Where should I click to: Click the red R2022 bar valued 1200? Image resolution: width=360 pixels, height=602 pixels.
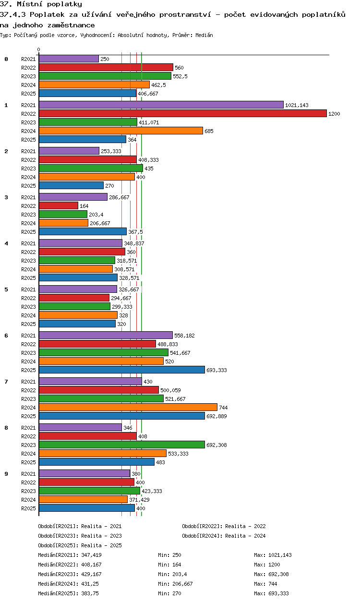point(182,114)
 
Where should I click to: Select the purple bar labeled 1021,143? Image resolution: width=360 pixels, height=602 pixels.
point(161,105)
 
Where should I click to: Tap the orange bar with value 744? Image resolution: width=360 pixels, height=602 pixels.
point(128,408)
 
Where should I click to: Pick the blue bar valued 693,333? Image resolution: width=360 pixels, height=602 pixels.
point(121,370)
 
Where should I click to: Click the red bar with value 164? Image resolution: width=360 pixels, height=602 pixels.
point(58,206)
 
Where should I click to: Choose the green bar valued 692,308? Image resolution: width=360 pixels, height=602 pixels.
point(121,445)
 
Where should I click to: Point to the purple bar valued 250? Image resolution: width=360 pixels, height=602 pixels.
point(69,59)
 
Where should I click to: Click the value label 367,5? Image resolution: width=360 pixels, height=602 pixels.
point(135,232)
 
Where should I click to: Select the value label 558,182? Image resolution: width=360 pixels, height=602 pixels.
point(184,336)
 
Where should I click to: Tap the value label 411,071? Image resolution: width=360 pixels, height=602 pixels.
point(149,122)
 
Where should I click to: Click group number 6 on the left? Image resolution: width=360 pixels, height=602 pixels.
point(6,336)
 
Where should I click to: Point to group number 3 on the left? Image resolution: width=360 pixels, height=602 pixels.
point(6,197)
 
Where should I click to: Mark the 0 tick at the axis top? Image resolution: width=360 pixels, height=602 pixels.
point(39,50)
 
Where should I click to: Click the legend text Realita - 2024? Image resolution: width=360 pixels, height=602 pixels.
point(245,536)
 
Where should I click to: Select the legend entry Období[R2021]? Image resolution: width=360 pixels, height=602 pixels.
point(58,526)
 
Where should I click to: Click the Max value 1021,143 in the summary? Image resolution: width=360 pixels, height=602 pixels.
point(281,555)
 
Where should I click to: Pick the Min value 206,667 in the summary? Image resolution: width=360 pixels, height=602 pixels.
point(181,584)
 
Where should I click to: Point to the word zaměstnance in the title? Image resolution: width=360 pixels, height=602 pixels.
point(72,24)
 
